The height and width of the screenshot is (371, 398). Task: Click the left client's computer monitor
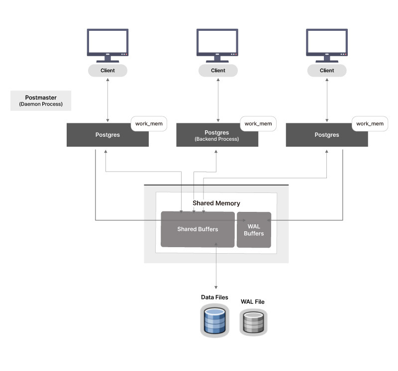tap(107, 44)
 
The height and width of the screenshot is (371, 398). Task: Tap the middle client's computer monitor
tap(217, 44)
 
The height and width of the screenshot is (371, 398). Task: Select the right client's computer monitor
tap(327, 44)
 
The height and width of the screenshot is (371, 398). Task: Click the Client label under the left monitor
tap(107, 71)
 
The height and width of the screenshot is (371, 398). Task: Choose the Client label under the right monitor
tap(327, 71)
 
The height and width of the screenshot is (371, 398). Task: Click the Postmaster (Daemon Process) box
tap(41, 100)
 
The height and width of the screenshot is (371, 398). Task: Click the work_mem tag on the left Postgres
tap(149, 123)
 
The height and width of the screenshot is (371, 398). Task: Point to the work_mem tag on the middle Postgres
tap(258, 123)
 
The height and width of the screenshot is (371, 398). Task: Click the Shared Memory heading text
tap(216, 203)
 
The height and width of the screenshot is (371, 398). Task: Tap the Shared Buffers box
tap(198, 229)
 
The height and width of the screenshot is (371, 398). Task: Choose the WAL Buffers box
tap(254, 230)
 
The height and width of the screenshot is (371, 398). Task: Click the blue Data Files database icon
tap(215, 321)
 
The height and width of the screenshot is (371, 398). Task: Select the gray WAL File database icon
tap(253, 322)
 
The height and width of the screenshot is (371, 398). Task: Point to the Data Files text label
tap(214, 297)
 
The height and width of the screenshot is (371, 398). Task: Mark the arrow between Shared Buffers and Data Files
tap(216, 266)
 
